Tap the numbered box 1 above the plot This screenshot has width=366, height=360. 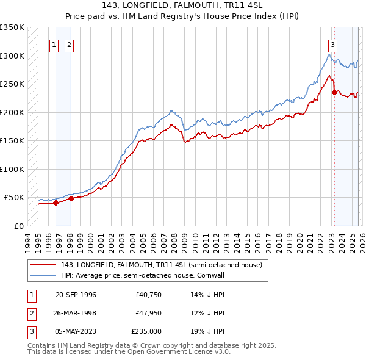tap(54, 44)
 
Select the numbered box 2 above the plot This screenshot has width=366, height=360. tap(69, 44)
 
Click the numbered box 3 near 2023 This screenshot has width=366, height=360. tap(332, 44)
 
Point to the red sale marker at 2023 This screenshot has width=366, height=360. tap(334, 92)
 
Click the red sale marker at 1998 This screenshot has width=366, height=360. tap(71, 198)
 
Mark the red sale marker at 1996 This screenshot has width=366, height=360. tap(56, 203)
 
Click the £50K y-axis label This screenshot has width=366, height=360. tap(14, 198)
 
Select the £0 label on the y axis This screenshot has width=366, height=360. tap(18, 226)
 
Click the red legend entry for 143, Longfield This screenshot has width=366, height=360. tap(161, 265)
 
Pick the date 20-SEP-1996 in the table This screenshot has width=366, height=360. tap(76, 295)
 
